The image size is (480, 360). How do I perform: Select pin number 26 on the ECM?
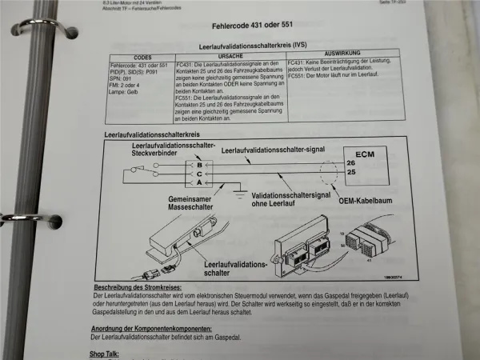pyautogui.click(x=350, y=164)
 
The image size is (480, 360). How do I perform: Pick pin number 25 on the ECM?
pyautogui.click(x=350, y=174)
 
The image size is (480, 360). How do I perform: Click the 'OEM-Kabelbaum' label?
pyautogui.click(x=351, y=201)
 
